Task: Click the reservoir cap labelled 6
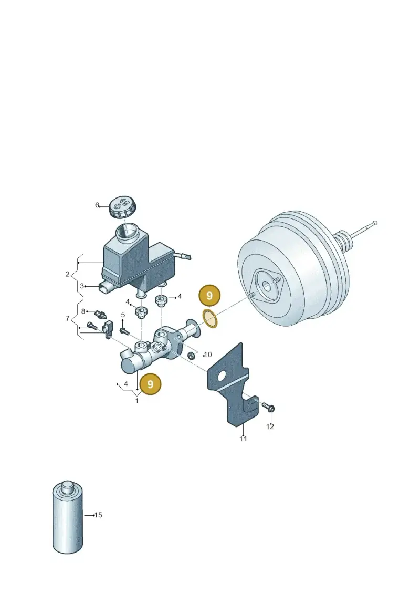point(122,208)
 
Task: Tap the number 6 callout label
point(97,205)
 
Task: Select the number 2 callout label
point(67,274)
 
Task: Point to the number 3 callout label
point(82,286)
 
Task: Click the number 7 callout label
point(67,318)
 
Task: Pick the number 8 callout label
point(83,311)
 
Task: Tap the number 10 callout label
point(208,355)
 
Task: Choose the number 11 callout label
point(243,439)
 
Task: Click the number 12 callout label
point(270,426)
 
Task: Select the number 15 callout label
point(98,515)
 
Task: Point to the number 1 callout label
point(137,400)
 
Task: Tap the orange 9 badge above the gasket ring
point(209,296)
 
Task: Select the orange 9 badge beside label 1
point(150,384)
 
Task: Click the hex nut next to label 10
point(192,356)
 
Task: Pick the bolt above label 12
point(268,407)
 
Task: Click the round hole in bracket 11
point(222,376)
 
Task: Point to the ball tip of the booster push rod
point(374,222)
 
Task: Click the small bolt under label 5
point(124,331)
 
